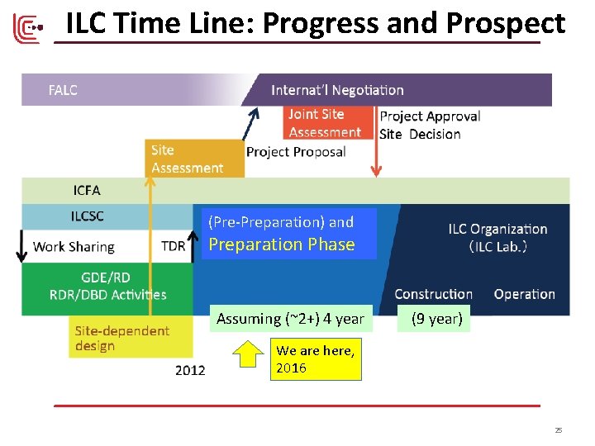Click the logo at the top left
pyautogui.click(x=27, y=28)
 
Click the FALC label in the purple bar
pyautogui.click(x=63, y=90)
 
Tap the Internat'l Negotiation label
pyautogui.click(x=337, y=90)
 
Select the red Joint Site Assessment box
pyautogui.click(x=327, y=123)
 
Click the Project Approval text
pyautogui.click(x=430, y=116)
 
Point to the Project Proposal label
pyautogui.click(x=296, y=152)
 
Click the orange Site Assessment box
pyautogui.click(x=194, y=159)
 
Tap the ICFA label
pyautogui.click(x=87, y=191)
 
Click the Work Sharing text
pyautogui.click(x=74, y=246)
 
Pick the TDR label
pyautogui.click(x=174, y=246)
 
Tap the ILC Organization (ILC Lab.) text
pyautogui.click(x=497, y=237)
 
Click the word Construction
pyautogui.click(x=433, y=294)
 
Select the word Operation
pyautogui.click(x=524, y=294)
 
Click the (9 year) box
pyautogui.click(x=436, y=319)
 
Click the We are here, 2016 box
pyautogui.click(x=317, y=359)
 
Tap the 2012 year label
pyautogui.click(x=190, y=370)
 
